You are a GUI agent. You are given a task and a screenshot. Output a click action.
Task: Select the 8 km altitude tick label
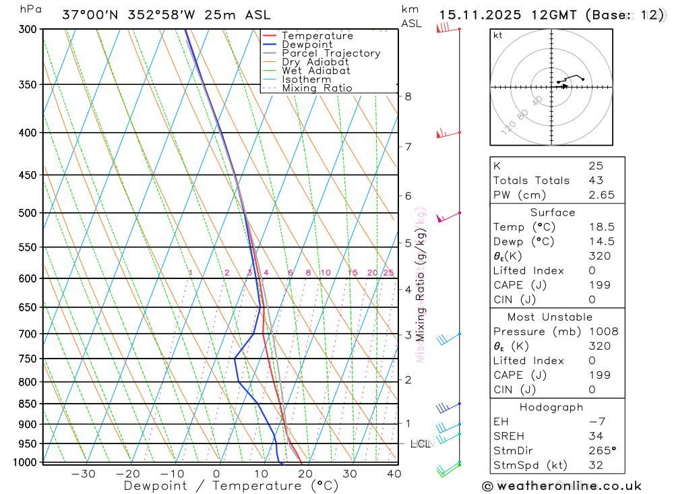[x=408, y=96]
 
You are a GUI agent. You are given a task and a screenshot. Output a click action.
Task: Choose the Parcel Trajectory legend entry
[x=331, y=53]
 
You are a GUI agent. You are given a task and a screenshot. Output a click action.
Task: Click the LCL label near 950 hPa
[x=421, y=443]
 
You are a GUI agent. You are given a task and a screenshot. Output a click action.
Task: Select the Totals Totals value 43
[x=595, y=180]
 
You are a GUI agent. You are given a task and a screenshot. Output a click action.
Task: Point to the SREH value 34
[x=595, y=436]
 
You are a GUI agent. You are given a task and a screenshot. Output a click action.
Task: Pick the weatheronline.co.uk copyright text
[x=561, y=486]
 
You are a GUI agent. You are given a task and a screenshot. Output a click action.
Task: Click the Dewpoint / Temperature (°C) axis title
[x=231, y=486]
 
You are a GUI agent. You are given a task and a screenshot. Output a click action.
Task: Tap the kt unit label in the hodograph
[x=498, y=35]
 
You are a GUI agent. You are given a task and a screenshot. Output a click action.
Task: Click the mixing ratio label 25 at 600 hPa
[x=388, y=272]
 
